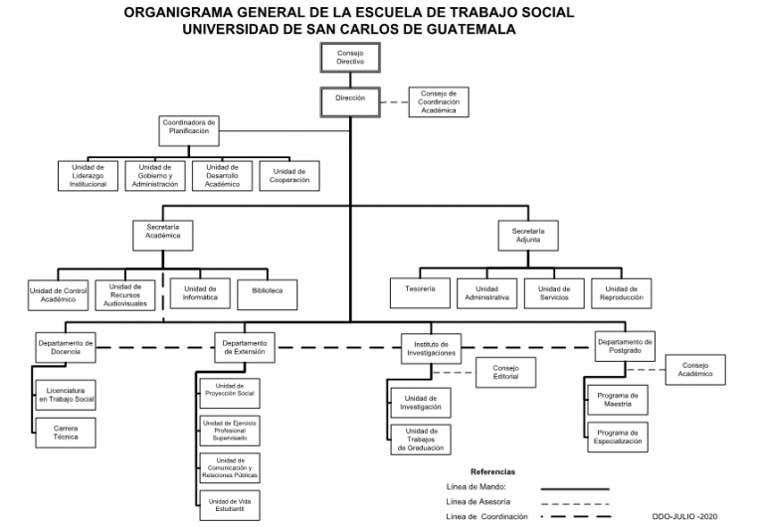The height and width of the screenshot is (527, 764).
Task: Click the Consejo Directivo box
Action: coord(350,58)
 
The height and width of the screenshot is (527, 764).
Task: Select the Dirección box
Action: coord(350,102)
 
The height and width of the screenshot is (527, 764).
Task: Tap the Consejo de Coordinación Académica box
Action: coord(439,102)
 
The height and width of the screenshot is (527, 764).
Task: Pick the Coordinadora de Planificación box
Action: coord(189,130)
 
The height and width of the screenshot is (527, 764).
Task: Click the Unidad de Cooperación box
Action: coord(289,176)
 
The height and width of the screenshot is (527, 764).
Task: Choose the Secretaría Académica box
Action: coord(163,236)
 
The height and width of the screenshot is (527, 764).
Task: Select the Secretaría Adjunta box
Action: coord(528,236)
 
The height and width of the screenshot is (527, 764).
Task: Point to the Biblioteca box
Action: coord(267,294)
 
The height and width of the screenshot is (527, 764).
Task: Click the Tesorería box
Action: coord(420,293)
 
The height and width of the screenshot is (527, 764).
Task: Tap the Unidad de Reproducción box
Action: coord(621,293)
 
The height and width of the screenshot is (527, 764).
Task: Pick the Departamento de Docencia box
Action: coord(66,347)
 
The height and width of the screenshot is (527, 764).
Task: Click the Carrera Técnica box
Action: coord(66,433)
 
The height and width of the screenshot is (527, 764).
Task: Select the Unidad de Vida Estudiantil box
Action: coord(230,505)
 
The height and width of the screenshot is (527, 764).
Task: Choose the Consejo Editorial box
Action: coord(505,373)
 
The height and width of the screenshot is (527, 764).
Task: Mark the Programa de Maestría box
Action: coord(618,400)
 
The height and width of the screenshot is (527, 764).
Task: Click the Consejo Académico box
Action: coord(695,370)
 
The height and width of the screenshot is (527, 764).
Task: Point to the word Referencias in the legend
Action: coord(492,471)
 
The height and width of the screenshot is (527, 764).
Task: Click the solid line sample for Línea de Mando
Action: coord(575,488)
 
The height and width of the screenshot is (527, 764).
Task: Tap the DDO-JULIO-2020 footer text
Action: coord(684,516)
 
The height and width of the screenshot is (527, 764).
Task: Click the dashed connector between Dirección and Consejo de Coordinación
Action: coord(394,102)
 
